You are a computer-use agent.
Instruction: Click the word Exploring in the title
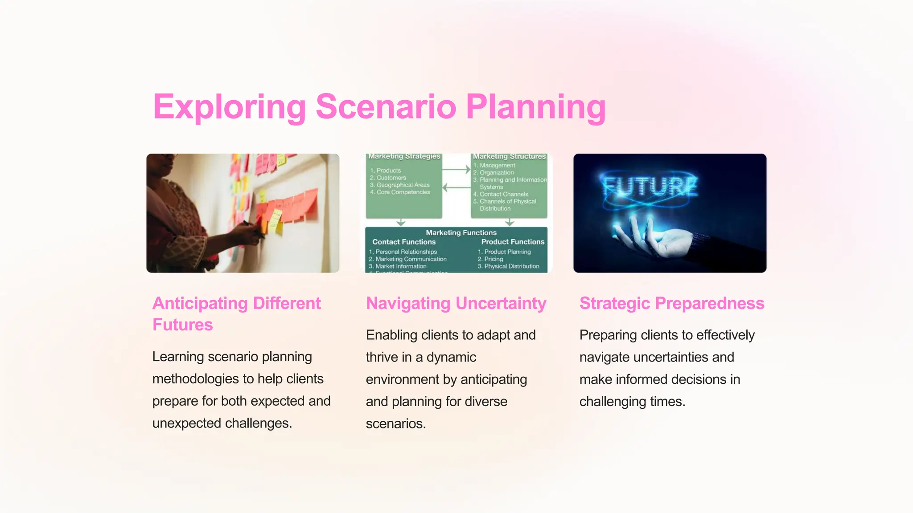click(x=229, y=107)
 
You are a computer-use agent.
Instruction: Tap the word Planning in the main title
click(x=535, y=107)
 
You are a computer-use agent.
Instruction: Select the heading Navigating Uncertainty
click(x=456, y=303)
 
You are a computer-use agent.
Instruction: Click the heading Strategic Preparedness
click(x=671, y=303)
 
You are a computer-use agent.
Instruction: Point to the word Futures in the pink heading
click(x=182, y=325)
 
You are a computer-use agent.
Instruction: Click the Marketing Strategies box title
click(x=404, y=157)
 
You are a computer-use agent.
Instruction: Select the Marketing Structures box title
click(x=509, y=157)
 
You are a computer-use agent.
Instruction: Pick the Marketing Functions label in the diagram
click(x=461, y=232)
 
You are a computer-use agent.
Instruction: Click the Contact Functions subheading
click(x=404, y=242)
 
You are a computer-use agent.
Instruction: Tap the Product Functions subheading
click(x=513, y=242)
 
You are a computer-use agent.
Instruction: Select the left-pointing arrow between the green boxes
click(x=456, y=187)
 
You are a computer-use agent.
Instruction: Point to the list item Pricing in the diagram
click(x=494, y=259)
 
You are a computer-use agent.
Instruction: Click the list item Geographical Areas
click(x=403, y=185)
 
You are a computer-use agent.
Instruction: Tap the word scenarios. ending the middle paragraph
click(x=396, y=423)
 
